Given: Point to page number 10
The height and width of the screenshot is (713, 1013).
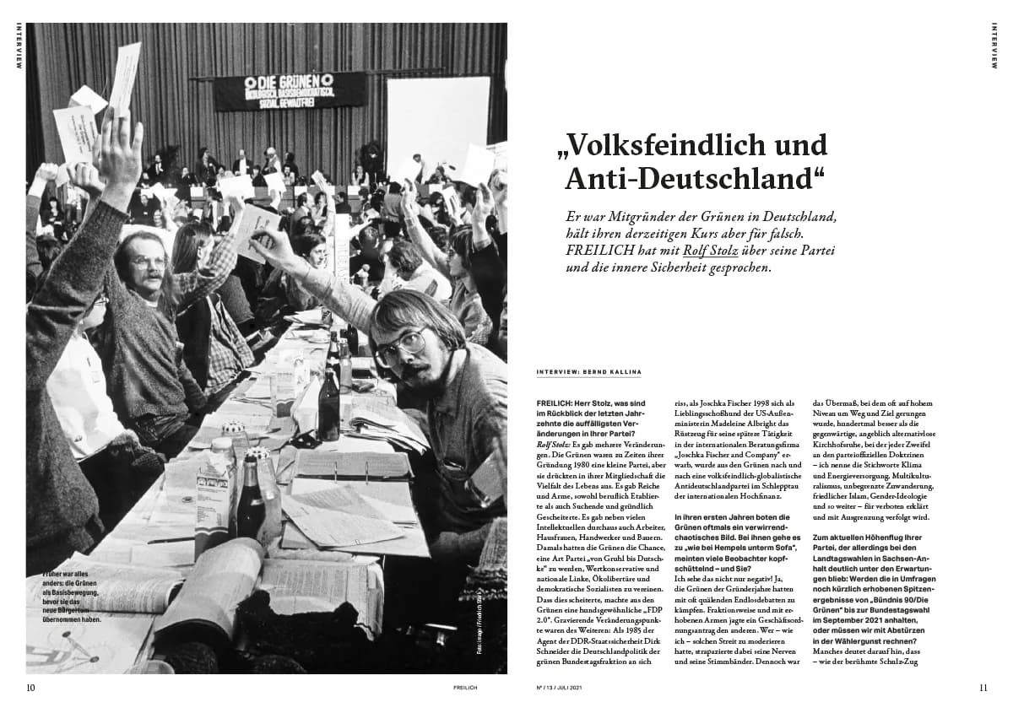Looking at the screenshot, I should [30, 687].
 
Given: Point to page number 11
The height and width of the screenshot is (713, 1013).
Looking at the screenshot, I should [983, 687].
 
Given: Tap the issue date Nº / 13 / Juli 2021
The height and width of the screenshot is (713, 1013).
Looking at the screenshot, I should [560, 688].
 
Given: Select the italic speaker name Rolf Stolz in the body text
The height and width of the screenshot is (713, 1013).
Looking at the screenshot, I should [553, 442].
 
